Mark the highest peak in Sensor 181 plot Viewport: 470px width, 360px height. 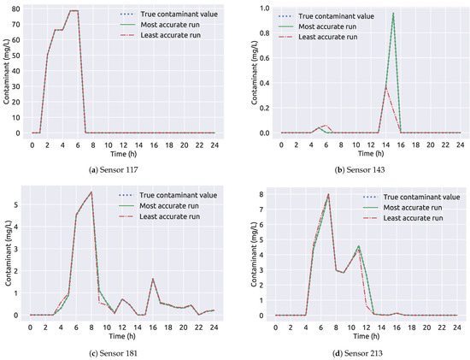[x=91, y=192]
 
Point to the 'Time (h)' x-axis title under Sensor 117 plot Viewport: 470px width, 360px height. [x=123, y=153]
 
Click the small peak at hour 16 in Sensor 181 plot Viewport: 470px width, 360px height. [x=152, y=279]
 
